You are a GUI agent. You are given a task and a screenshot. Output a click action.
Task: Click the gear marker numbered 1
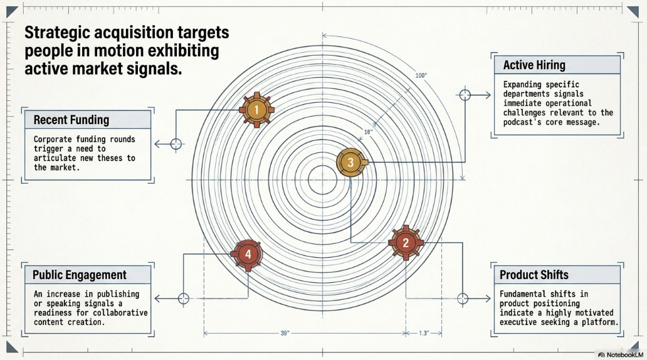[x=256, y=110]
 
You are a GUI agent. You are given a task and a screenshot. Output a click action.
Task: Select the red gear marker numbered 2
[x=406, y=243]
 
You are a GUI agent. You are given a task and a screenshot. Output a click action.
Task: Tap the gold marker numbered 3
[x=351, y=162]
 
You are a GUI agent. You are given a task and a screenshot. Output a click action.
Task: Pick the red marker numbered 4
[x=248, y=254]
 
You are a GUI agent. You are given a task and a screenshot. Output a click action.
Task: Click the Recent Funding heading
[x=71, y=120]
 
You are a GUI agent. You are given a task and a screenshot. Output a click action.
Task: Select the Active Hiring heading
[x=534, y=65]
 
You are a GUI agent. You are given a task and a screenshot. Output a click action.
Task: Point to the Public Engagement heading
[x=80, y=275]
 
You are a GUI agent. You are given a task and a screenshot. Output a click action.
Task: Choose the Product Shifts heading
[x=534, y=275]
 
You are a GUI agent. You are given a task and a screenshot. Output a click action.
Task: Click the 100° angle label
[x=421, y=75]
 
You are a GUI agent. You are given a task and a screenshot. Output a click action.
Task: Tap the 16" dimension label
[x=369, y=132]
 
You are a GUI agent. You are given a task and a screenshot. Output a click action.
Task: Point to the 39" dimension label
[x=285, y=333]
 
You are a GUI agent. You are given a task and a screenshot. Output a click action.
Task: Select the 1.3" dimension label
[x=424, y=333]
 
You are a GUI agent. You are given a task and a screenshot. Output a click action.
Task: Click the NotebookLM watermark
[x=621, y=355]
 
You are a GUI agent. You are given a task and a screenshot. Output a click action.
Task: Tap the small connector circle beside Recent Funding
[x=176, y=144]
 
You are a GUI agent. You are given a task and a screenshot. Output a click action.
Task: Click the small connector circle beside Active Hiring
[x=465, y=95]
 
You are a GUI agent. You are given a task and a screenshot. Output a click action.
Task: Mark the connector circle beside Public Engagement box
[x=184, y=299]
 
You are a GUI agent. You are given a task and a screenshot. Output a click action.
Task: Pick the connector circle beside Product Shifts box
[x=463, y=299]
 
